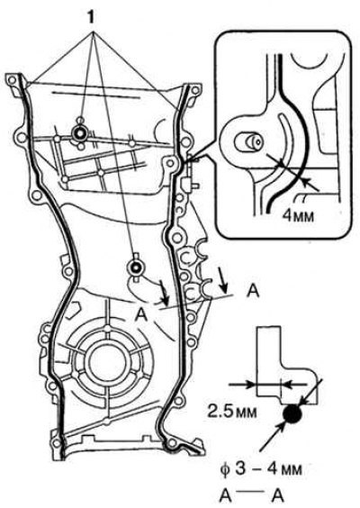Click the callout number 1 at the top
coord(91,17)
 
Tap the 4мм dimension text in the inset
coord(298,215)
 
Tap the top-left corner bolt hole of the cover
coord(12,80)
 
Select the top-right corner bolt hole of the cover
coord(195,90)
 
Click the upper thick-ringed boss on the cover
coord(79,132)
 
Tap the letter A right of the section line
coord(252,290)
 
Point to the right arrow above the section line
coord(222,279)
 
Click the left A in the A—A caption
coord(226,495)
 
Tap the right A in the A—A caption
coord(277,495)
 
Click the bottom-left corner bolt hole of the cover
coord(56,443)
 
